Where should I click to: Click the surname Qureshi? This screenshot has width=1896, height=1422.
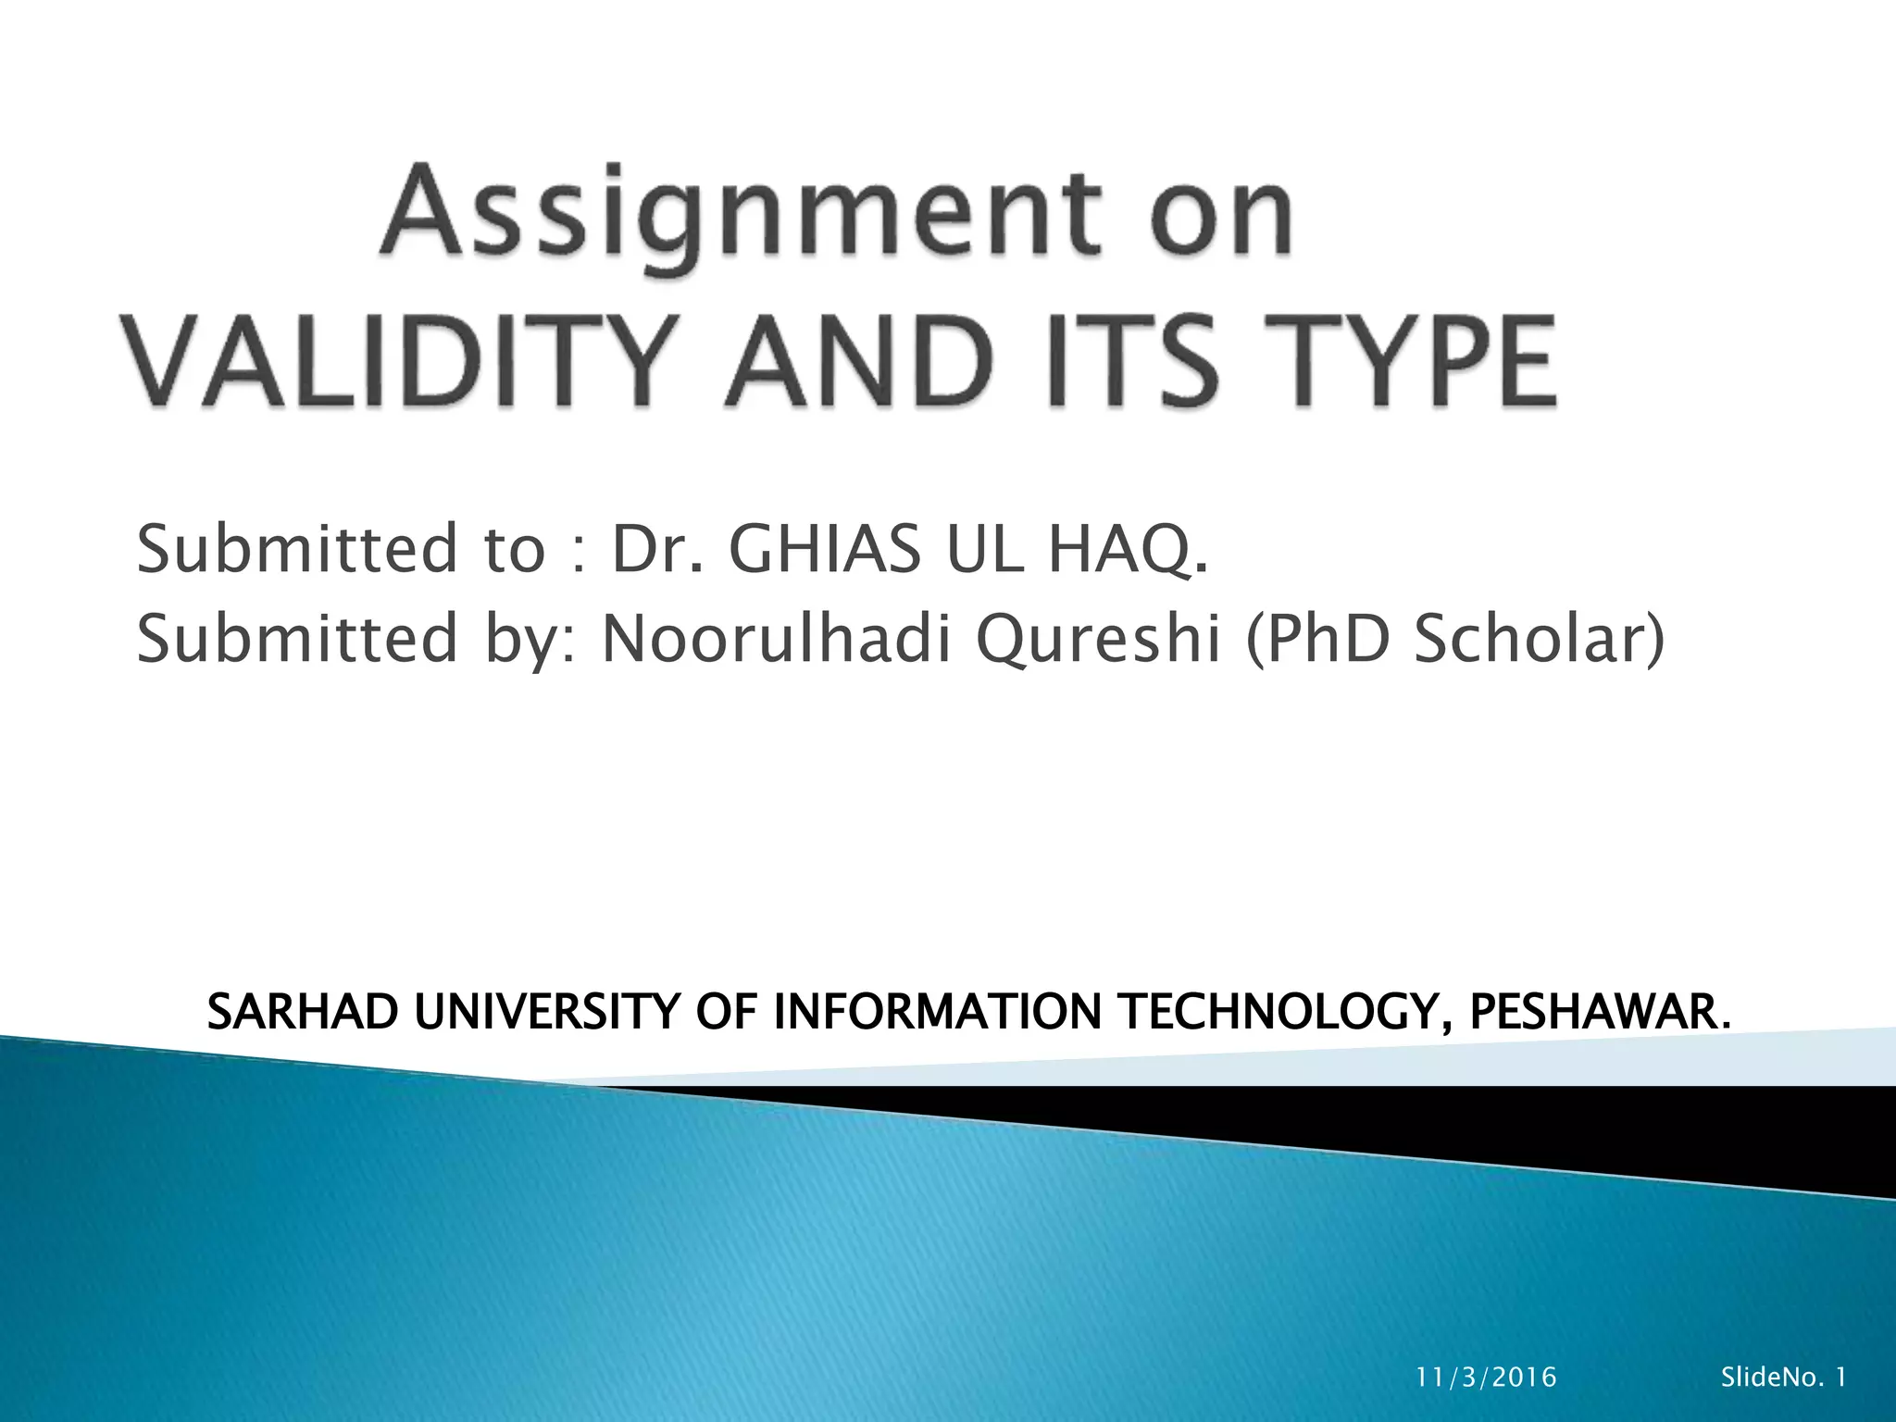(x=1099, y=638)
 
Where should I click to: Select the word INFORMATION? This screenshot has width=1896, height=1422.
(x=937, y=1011)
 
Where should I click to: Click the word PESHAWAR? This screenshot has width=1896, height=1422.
(x=1599, y=1011)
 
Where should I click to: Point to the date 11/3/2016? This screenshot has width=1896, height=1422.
(x=1487, y=1378)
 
